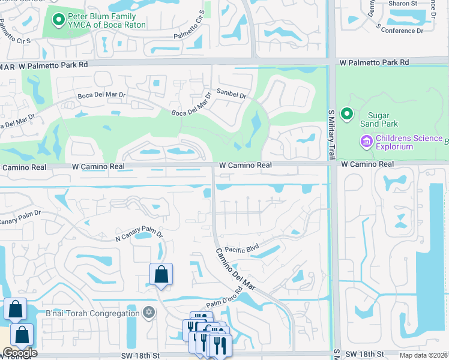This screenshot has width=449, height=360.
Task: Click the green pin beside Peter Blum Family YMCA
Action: coord(58,21)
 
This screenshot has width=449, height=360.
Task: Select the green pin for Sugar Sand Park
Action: coord(346,113)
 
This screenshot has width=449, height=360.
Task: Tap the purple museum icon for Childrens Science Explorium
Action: coord(366,142)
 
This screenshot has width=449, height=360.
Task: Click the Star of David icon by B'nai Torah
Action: coord(149,313)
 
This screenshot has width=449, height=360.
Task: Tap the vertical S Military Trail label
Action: coord(331,134)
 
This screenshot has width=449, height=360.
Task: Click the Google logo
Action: coord(19,352)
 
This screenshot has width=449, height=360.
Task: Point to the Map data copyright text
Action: coord(423,355)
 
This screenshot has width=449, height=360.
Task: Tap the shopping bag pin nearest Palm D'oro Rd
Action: coord(161,275)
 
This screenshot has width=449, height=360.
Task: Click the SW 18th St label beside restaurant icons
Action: coord(140,355)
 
